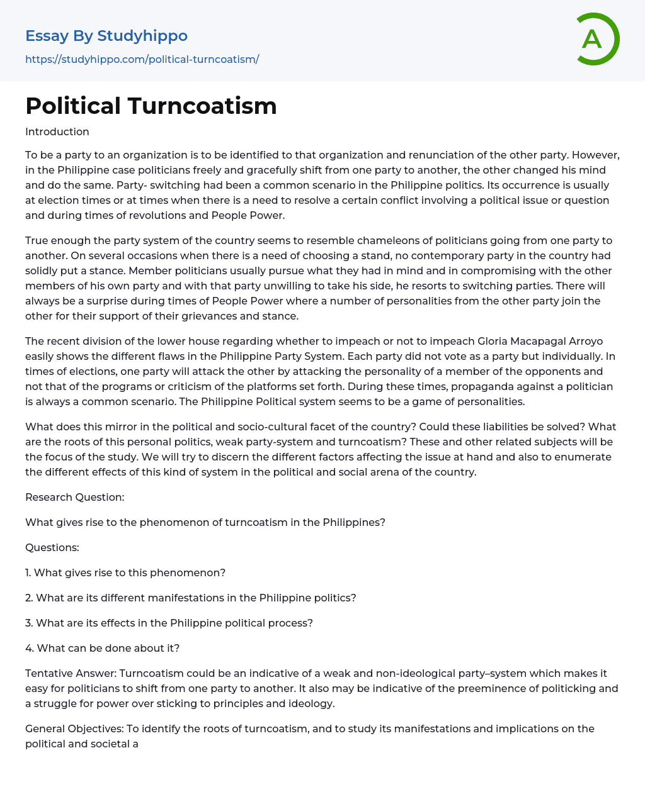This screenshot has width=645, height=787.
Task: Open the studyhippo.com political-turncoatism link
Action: pos(142,59)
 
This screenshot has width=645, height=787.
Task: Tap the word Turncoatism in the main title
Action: pos(202,106)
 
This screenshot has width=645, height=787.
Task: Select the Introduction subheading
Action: pos(57,131)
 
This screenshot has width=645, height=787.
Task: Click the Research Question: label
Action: pos(74,497)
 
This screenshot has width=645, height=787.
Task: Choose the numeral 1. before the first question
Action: pos(28,572)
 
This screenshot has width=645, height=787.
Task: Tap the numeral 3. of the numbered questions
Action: pos(29,623)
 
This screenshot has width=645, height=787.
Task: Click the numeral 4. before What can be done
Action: pos(30,648)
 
